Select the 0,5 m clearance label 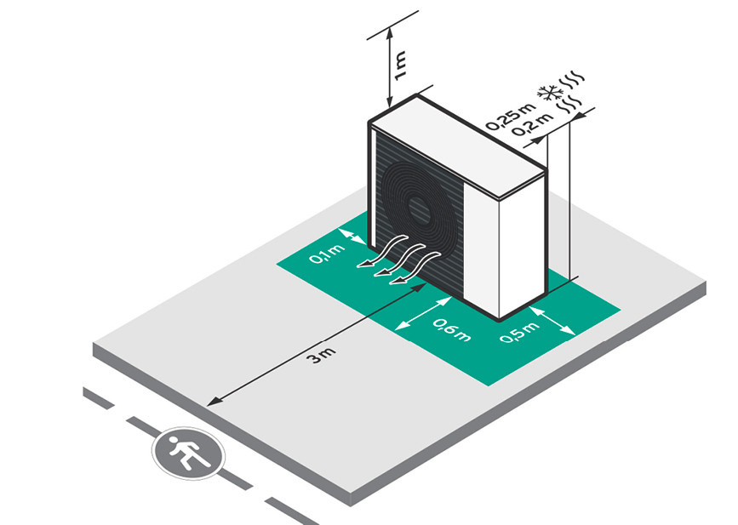point(520,333)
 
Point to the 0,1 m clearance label point(322,252)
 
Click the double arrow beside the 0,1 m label point(353,243)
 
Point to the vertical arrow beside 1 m point(388,65)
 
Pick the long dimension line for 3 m point(315,340)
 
